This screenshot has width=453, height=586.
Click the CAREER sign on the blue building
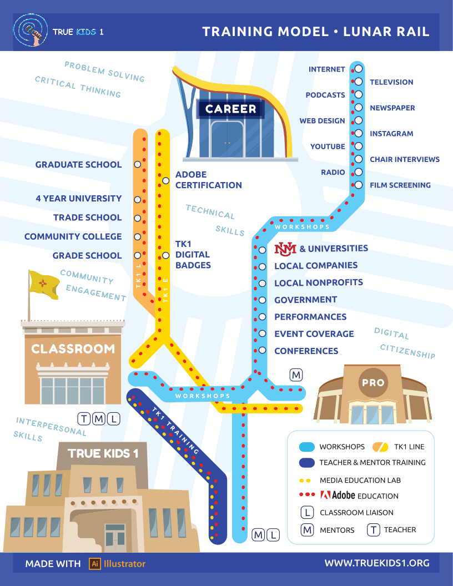click(230, 109)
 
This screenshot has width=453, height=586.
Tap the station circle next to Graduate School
click(138, 164)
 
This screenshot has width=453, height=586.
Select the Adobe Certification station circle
click(165, 180)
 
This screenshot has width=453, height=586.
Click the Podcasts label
click(325, 95)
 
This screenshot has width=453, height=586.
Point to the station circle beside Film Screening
click(359, 185)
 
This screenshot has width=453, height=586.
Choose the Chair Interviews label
click(405, 159)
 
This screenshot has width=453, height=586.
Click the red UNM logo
click(285, 249)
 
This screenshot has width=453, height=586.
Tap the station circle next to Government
click(263, 300)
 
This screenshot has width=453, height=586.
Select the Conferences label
click(306, 351)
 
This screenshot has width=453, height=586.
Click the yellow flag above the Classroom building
click(44, 285)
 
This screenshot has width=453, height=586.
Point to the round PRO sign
click(373, 382)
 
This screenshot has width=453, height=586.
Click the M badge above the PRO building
click(296, 375)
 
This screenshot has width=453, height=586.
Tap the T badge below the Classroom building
click(84, 419)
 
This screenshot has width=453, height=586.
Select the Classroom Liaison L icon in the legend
click(307, 512)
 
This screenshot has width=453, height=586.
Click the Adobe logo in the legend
click(325, 495)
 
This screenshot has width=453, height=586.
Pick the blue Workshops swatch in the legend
click(307, 447)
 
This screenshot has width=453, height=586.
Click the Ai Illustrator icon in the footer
click(95, 564)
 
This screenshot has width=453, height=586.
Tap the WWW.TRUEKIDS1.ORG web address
click(377, 563)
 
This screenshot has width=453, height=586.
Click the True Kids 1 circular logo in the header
click(31, 31)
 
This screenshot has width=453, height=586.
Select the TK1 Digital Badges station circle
click(165, 255)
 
